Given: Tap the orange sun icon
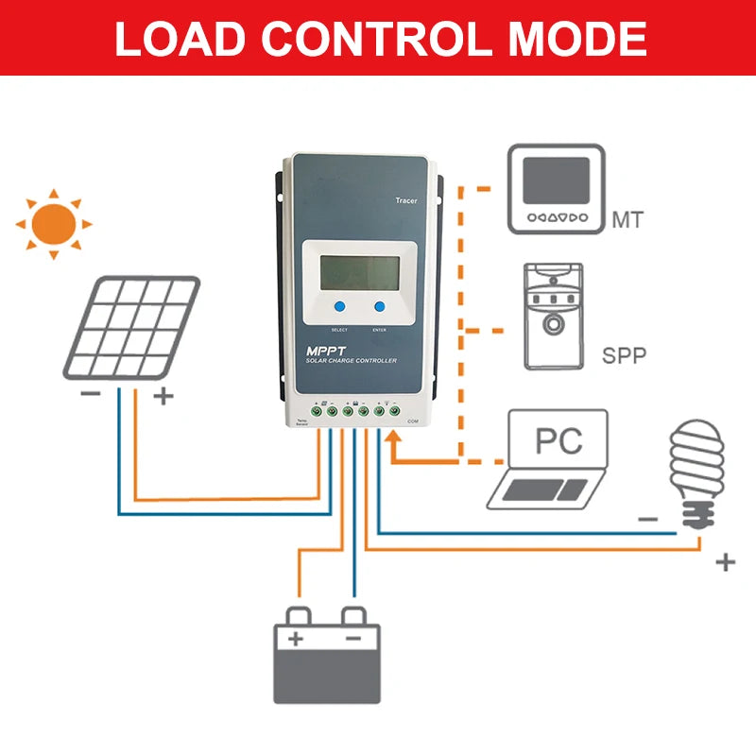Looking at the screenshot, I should point(54,224).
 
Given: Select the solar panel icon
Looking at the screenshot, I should point(131,327).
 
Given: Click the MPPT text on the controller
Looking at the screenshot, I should point(326,351).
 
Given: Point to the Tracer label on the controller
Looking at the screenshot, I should point(404,201).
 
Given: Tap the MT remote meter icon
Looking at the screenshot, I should point(556,189).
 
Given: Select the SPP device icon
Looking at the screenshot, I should point(556,317).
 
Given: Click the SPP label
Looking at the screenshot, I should point(625,358).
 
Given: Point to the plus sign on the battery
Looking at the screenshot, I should point(296,639).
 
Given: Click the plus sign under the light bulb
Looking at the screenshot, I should point(726,563).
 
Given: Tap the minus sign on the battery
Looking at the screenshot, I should point(352,639).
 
